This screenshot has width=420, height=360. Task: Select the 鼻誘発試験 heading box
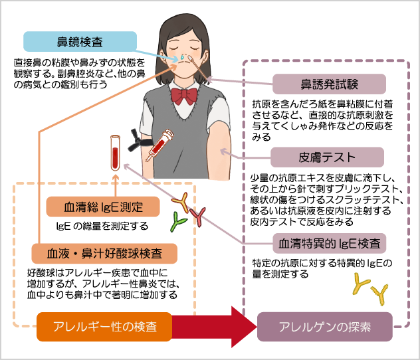(x=330, y=84)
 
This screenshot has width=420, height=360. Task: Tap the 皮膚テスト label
(x=328, y=157)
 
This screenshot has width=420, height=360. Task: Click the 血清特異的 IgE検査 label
(x=330, y=243)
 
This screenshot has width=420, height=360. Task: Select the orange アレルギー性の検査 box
(x=105, y=327)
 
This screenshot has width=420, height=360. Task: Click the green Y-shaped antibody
(x=177, y=221)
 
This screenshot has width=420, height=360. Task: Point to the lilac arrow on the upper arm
(x=226, y=152)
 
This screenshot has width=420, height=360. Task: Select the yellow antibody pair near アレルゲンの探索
(x=370, y=287)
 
